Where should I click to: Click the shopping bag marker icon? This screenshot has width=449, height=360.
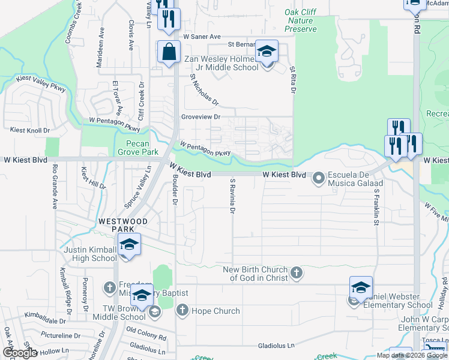point(169,52)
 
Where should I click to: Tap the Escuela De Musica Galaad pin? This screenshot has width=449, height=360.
point(318,178)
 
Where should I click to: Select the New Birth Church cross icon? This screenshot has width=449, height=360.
point(295,274)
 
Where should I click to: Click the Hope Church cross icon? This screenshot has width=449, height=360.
point(182,311)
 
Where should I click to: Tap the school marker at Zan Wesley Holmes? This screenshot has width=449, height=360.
point(267,52)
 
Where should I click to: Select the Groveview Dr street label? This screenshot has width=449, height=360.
point(202,117)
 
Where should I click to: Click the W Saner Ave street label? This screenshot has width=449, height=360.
point(203,37)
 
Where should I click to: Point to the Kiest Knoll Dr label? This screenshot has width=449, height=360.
point(29,130)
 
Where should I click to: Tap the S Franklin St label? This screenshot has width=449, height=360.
point(377,206)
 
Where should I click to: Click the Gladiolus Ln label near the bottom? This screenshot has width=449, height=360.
point(277,346)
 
